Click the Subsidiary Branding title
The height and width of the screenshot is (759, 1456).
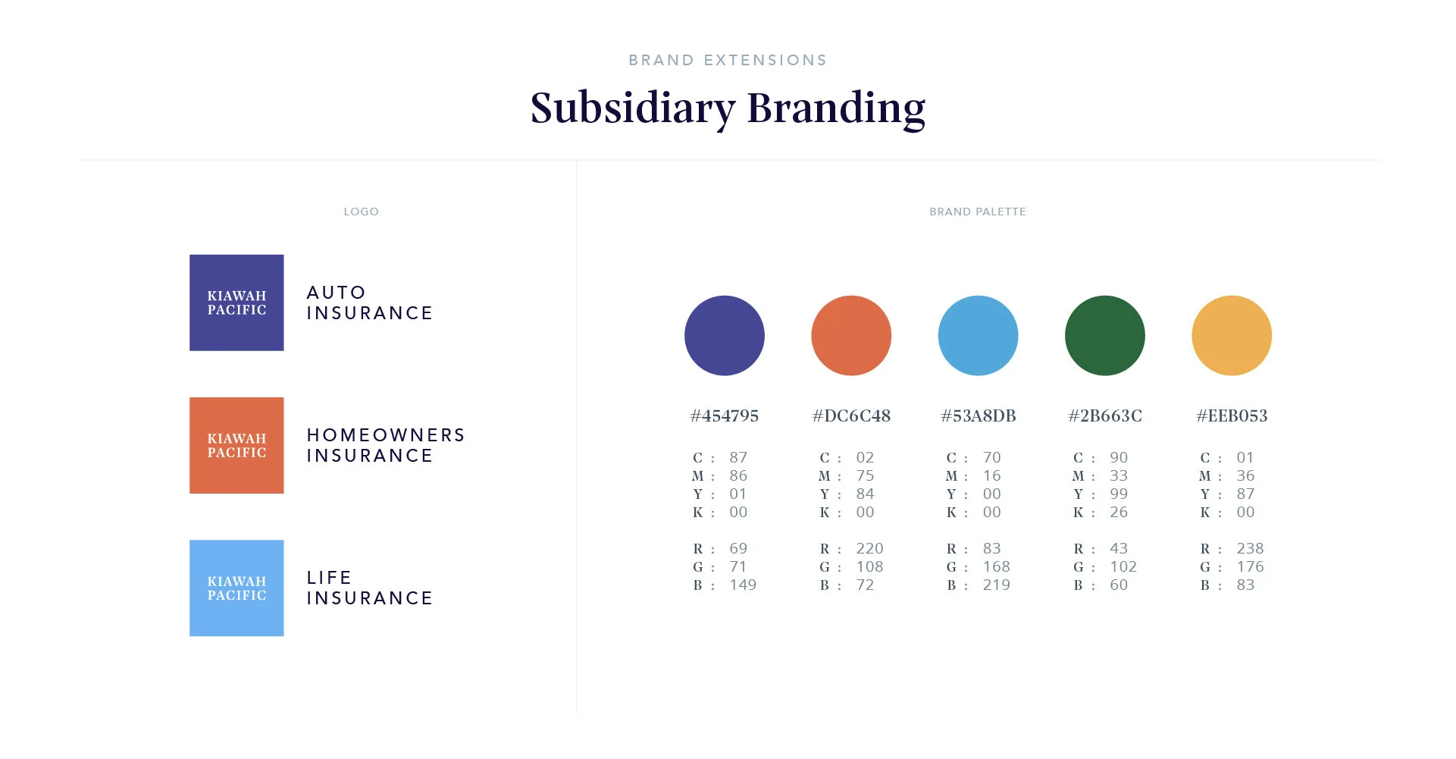point(728,108)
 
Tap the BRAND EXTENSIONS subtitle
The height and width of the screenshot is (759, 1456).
point(728,61)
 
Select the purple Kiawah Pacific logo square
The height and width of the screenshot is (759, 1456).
point(236,303)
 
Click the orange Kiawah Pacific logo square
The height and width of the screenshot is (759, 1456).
point(236,445)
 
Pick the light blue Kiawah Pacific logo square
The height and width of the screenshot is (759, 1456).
point(236,588)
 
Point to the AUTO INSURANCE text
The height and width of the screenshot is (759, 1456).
point(369,303)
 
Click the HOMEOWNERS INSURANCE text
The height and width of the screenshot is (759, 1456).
point(385,445)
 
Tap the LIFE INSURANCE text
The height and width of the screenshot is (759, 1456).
point(369,588)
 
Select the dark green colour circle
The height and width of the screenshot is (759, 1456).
point(1104,335)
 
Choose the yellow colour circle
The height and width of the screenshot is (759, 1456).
point(1232,335)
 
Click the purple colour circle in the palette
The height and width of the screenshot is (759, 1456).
point(724,335)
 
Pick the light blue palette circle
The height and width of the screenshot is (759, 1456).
point(978,335)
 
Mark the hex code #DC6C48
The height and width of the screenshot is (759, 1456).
point(851,416)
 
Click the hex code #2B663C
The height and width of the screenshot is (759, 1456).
point(1104,416)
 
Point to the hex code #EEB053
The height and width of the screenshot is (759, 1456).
point(1232,416)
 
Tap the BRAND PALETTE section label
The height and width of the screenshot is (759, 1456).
point(978,212)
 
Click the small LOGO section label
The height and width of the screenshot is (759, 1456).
point(361,212)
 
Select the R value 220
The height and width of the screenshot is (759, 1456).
point(869,548)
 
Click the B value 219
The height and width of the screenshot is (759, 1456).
point(996,585)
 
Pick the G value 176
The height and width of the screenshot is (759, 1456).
point(1250,566)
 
